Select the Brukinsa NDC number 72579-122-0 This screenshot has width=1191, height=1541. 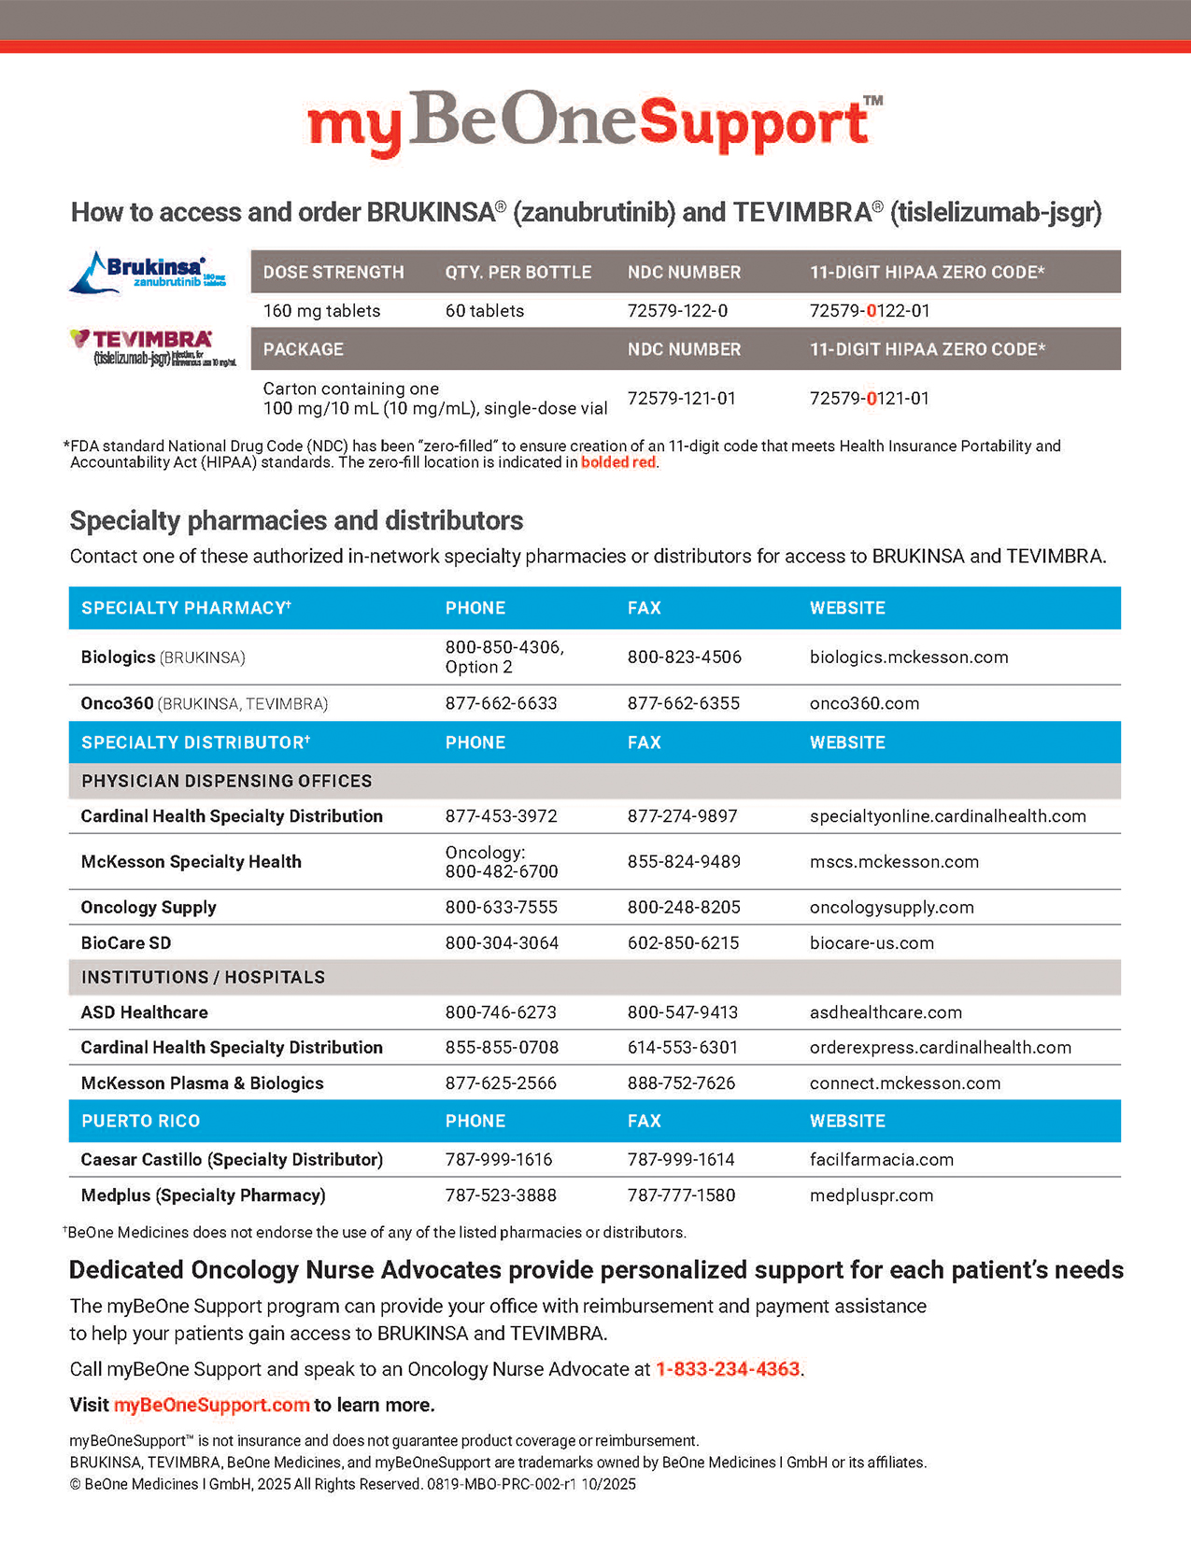[x=677, y=311]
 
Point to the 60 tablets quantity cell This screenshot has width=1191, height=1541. [x=484, y=311]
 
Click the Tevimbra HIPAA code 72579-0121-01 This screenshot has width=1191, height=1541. [x=869, y=399]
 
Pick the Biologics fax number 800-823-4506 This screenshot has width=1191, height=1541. [x=684, y=657]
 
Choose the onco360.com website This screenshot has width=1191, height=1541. [x=864, y=703]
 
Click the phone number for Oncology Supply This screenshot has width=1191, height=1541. [x=501, y=908]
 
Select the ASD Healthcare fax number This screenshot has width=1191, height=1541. [x=682, y=1012]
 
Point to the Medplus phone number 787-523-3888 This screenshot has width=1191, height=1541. [x=501, y=1195]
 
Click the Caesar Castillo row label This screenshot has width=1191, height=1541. [x=232, y=1160]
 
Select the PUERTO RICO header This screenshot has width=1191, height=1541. [x=140, y=1121]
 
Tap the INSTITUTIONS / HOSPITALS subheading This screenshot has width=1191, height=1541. [x=203, y=978]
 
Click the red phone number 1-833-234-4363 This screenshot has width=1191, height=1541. [x=728, y=1369]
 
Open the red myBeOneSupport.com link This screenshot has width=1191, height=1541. [x=211, y=1406]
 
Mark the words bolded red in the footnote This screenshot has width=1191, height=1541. [x=617, y=462]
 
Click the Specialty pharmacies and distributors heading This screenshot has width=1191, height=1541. [x=296, y=520]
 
